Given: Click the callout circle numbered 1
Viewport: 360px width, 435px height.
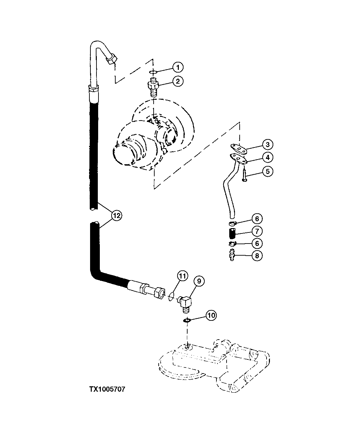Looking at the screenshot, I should (x=178, y=67).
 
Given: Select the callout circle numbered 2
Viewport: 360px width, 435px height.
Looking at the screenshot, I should (x=178, y=81).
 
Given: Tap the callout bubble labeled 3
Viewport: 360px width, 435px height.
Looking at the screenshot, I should (x=268, y=145).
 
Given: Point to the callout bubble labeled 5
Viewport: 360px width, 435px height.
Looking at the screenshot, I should (x=268, y=171).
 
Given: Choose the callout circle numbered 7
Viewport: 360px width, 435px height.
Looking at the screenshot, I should (x=256, y=231).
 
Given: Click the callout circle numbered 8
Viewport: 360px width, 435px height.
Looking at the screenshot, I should (x=256, y=256).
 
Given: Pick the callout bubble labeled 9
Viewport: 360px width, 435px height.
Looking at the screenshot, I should (x=199, y=281).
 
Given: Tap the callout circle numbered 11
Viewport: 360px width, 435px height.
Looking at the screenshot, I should (x=182, y=276).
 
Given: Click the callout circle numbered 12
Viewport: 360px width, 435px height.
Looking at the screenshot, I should (x=116, y=216).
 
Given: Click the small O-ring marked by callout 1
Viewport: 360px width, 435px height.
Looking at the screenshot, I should (x=153, y=72).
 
